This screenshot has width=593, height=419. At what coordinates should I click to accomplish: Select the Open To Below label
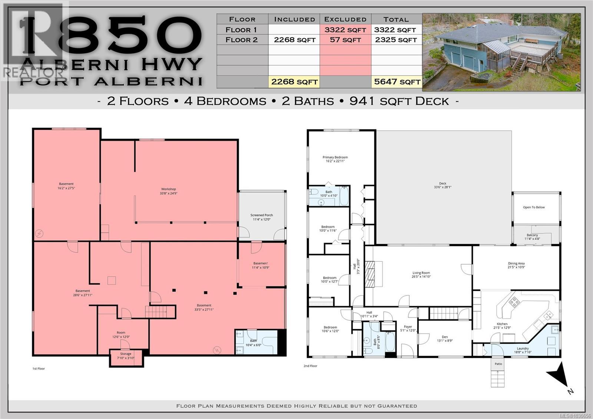coord(534,207)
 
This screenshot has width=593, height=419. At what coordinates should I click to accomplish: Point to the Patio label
coord(498,364)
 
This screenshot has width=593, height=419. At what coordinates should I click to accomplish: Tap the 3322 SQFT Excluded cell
coord(345,30)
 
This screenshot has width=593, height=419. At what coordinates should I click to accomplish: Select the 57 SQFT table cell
coord(345,40)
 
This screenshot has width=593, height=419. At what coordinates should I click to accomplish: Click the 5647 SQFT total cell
coord(397,82)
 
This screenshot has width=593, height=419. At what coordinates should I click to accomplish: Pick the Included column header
coord(294,19)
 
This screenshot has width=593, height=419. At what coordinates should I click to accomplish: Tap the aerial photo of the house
coord(501,52)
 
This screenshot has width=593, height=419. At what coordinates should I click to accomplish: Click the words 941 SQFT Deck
coord(399,101)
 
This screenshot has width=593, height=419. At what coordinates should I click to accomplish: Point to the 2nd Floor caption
coord(310,366)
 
